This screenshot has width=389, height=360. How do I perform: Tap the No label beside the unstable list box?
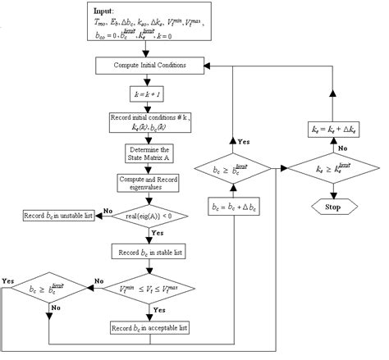[x=108, y=211]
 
